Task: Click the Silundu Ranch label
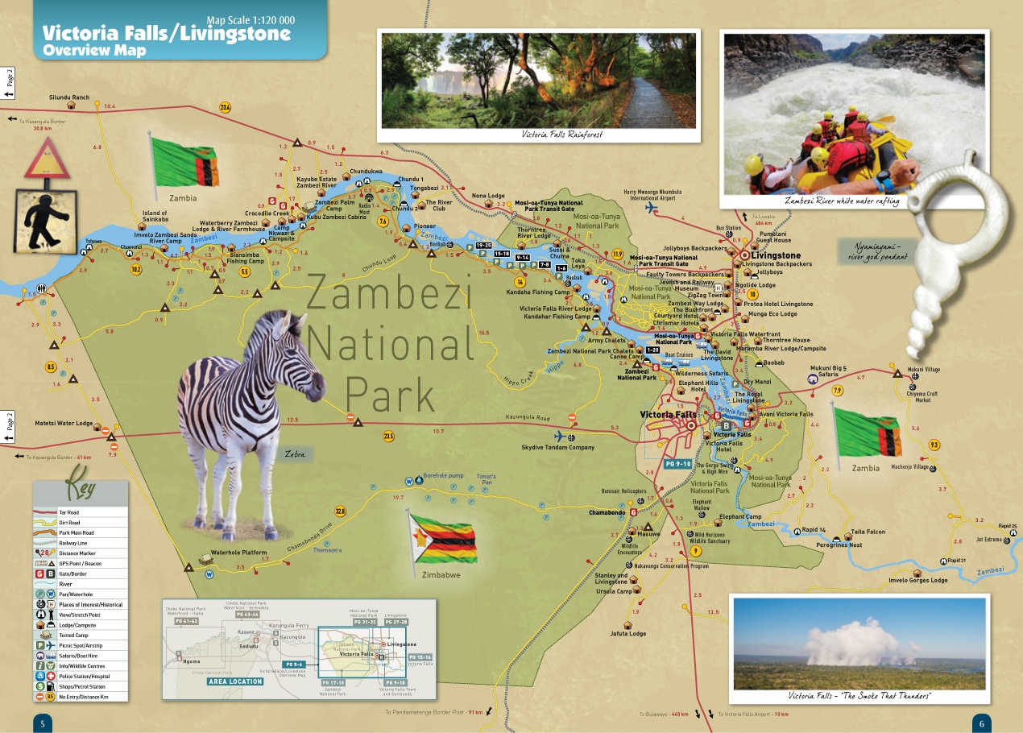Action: tap(69, 97)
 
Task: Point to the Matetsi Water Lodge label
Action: tap(64, 423)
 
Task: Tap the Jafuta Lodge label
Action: tap(628, 633)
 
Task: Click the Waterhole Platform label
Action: tap(238, 553)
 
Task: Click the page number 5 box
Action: tap(42, 723)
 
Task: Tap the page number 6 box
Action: tap(981, 723)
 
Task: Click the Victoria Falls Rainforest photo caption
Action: tap(561, 135)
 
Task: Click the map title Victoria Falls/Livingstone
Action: tap(166, 34)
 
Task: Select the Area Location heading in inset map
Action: tap(235, 681)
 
